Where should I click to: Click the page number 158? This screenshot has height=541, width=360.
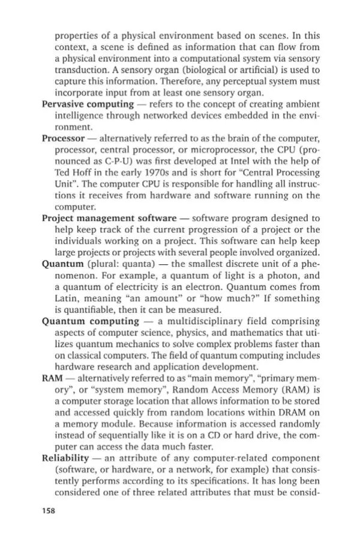50,511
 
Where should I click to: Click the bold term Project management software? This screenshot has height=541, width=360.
109,218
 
